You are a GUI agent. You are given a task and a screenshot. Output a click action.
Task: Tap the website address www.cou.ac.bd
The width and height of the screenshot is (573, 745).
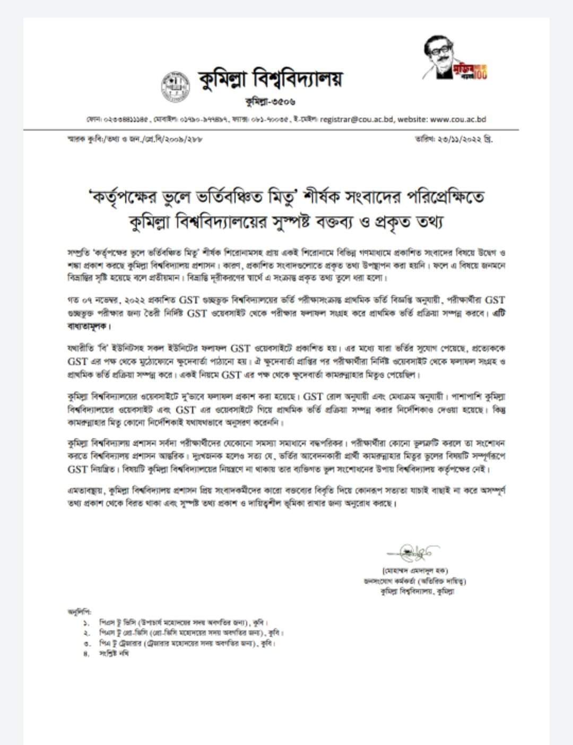pos(458,119)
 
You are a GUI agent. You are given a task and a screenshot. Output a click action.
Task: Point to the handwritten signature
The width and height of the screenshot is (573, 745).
pos(412,552)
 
